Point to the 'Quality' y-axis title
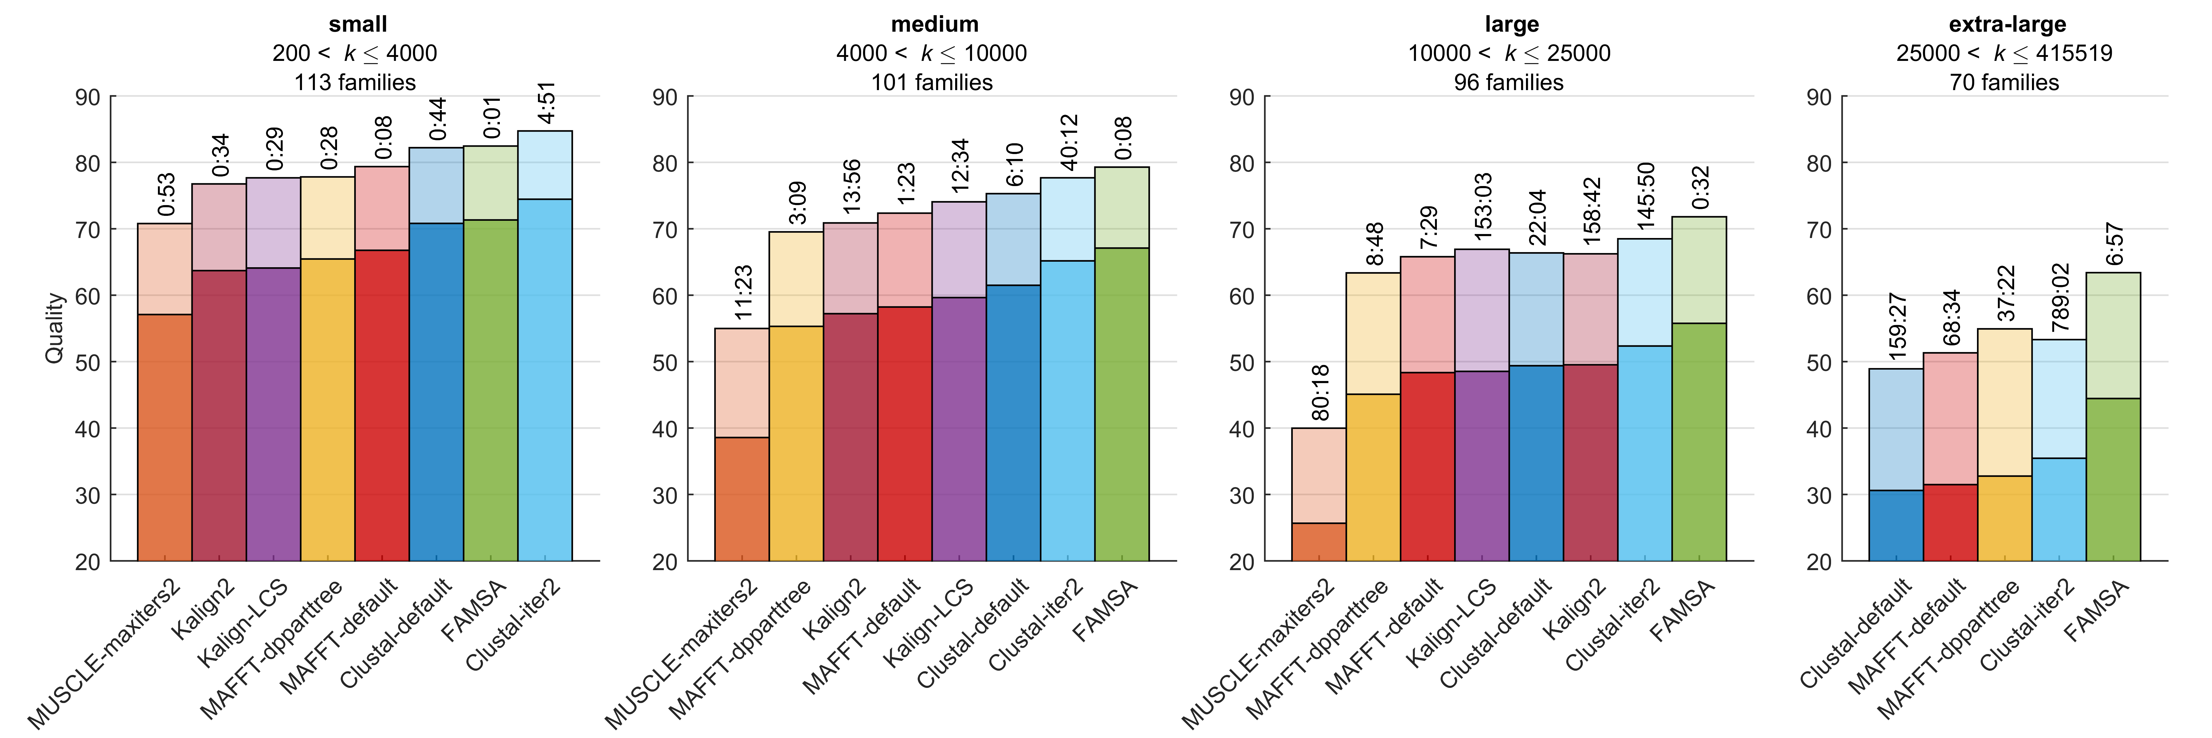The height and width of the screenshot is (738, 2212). click(x=54, y=328)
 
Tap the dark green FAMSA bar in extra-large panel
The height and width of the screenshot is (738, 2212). click(x=2113, y=479)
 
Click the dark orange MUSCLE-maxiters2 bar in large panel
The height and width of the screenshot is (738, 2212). click(x=1319, y=542)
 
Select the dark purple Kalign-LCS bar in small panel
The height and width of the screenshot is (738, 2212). click(x=273, y=414)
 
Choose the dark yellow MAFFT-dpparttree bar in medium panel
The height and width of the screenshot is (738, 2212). click(x=796, y=443)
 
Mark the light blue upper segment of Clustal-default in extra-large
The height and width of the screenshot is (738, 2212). click(x=1896, y=430)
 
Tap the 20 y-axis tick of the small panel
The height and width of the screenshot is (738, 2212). click(x=88, y=562)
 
